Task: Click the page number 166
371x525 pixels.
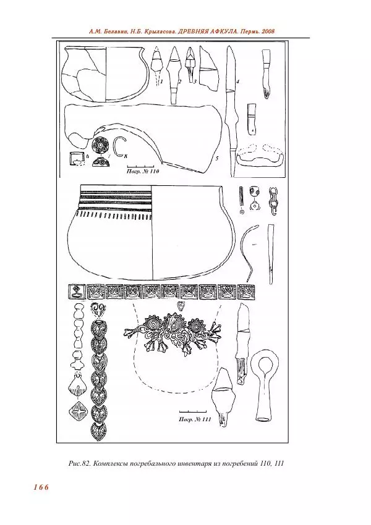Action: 41,487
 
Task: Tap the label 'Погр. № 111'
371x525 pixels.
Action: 195,419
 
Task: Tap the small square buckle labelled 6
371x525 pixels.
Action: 77,158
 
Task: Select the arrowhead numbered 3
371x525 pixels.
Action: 190,63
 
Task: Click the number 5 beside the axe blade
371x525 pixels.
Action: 217,158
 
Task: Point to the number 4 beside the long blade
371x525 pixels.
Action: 237,81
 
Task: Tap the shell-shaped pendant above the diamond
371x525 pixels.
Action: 77,387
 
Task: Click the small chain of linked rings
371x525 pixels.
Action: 273,201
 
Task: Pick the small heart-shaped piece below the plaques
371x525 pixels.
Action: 181,305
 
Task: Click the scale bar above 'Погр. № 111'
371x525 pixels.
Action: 193,411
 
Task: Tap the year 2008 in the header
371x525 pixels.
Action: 268,31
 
